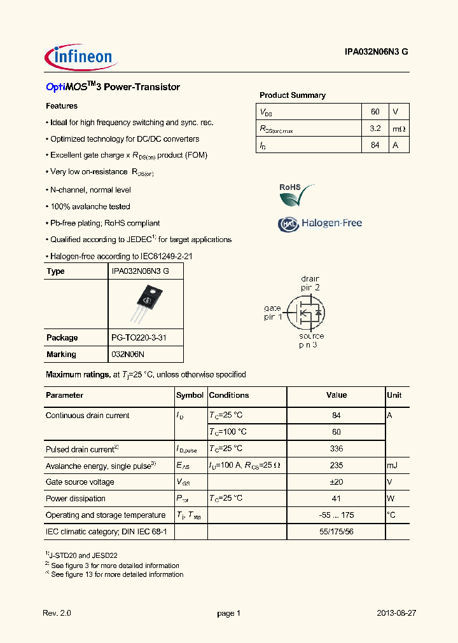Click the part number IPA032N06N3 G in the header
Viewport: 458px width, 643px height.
(x=371, y=54)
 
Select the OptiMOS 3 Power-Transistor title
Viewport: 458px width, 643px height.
(x=113, y=87)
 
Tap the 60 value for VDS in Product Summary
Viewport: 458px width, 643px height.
(x=375, y=111)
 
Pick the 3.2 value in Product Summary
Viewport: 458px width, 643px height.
(x=375, y=128)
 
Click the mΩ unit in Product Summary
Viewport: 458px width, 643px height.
(x=398, y=129)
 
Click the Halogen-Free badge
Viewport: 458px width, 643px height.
(x=320, y=223)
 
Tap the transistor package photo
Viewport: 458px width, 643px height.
(x=145, y=302)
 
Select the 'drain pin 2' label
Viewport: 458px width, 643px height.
(x=310, y=283)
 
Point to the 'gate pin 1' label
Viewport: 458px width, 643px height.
(x=273, y=313)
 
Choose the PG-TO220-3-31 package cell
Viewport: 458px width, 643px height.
(x=139, y=338)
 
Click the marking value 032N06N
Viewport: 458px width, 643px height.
(x=128, y=355)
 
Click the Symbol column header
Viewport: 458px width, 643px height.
(x=190, y=395)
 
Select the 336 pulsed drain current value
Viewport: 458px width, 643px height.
(x=337, y=449)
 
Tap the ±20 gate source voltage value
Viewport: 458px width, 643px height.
(x=337, y=482)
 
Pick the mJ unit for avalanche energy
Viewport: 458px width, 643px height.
(x=392, y=466)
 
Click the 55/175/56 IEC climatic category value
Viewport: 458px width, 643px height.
(x=337, y=532)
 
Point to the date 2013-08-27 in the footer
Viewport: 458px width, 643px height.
(x=396, y=613)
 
